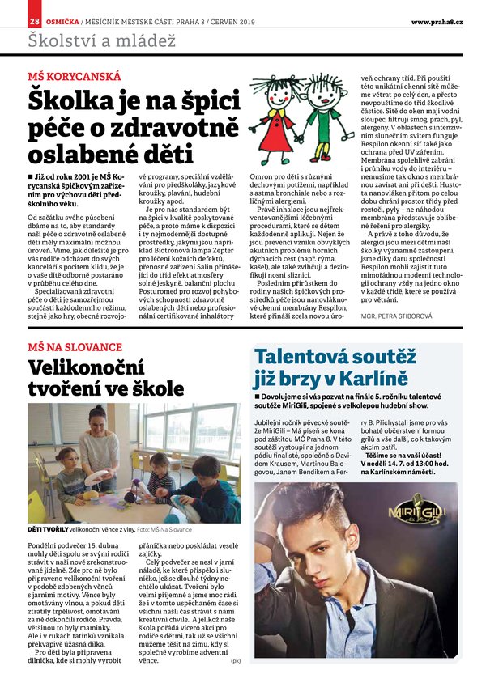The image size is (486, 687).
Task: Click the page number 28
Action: [x=34, y=20]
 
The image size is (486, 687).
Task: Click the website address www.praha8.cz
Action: [x=437, y=21]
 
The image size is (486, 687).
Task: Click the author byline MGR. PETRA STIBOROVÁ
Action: [x=426, y=317]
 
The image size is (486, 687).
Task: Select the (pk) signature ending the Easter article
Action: [x=236, y=661]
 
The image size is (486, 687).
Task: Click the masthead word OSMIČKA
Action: [x=61, y=20]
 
